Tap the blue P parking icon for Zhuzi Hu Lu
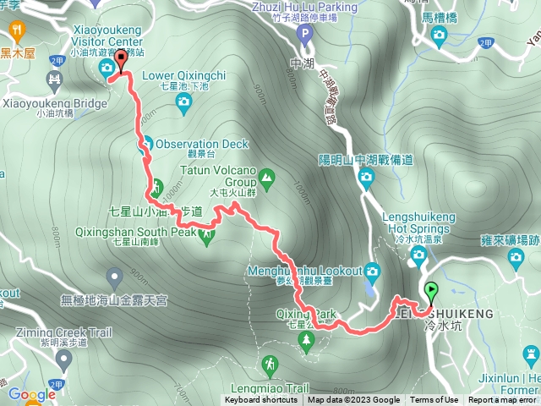(307, 35)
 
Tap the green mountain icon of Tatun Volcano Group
(267, 178)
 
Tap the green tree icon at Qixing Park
(306, 339)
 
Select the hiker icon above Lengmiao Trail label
(269, 365)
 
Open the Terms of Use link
(434, 400)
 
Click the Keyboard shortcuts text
(260, 400)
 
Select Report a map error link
(502, 400)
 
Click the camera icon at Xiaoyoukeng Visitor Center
(108, 68)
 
